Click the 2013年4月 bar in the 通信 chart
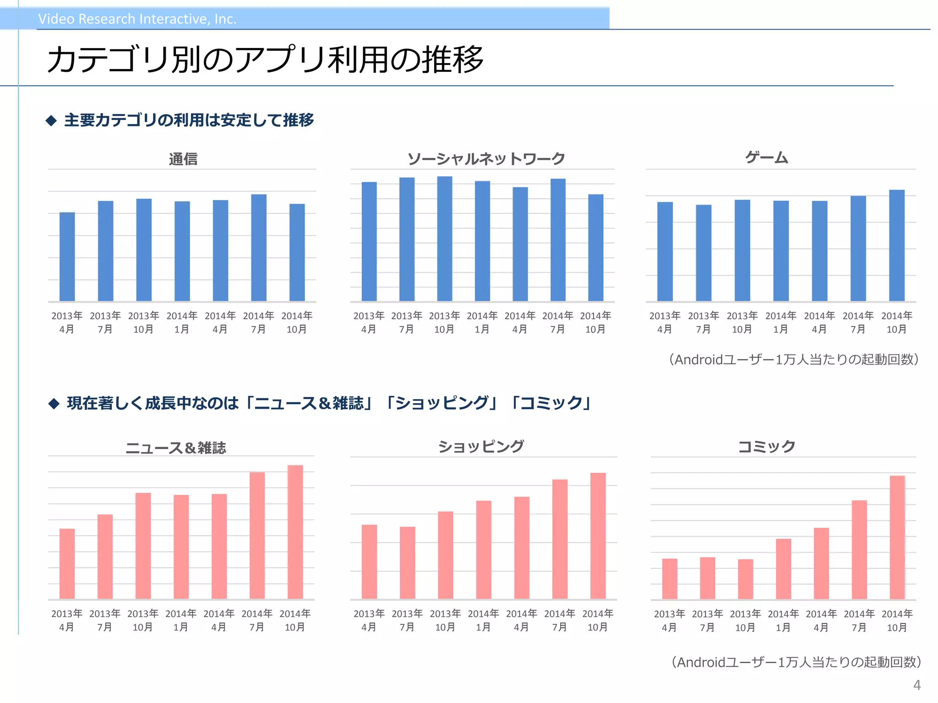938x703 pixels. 67,257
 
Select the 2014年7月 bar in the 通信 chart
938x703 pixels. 259,248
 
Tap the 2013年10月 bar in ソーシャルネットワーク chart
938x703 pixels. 445,238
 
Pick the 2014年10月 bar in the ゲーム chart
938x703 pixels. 897,245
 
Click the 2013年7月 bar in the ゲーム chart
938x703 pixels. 703,253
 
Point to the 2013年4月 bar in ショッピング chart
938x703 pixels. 369,562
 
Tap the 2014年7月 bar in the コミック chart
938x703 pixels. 859,549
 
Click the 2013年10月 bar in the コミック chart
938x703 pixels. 745,579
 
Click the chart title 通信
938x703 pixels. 183,159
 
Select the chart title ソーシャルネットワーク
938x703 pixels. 486,159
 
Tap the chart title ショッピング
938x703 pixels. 481,446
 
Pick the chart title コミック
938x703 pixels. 766,446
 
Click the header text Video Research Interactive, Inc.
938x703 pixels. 137,19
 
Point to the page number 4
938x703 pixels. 916,685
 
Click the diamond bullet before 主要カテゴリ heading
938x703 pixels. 51,121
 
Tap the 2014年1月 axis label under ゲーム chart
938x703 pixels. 781,322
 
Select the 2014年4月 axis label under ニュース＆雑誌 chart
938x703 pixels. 219,620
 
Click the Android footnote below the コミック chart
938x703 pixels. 796,662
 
